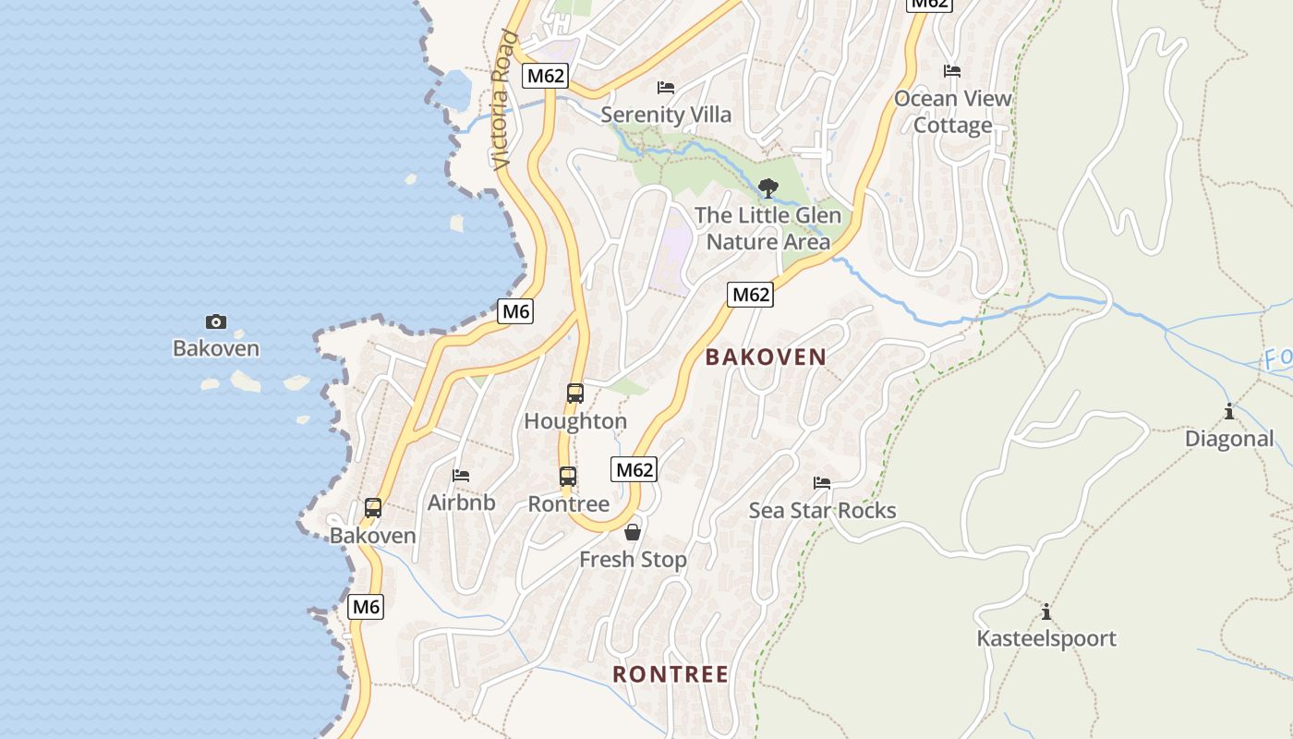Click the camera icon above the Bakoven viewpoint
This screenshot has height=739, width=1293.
(x=215, y=321)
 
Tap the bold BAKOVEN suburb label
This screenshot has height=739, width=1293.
(x=766, y=357)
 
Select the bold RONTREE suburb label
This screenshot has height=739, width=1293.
(x=671, y=674)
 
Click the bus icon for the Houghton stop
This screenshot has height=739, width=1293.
(x=574, y=394)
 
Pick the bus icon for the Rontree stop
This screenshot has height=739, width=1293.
(x=568, y=477)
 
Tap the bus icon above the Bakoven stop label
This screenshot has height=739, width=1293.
(x=373, y=508)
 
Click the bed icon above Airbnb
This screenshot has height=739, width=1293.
(x=461, y=476)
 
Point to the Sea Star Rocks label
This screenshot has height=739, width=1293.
(x=822, y=511)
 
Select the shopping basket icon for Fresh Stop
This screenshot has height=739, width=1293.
(x=633, y=532)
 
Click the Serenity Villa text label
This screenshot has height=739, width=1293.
(x=666, y=115)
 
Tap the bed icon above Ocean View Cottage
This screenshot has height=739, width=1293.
(x=952, y=71)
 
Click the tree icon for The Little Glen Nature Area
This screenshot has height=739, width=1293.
(x=767, y=188)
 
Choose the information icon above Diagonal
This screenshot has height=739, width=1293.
(x=1228, y=411)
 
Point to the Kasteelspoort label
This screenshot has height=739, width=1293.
(x=1046, y=639)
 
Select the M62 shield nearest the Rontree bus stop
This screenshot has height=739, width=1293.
(x=634, y=469)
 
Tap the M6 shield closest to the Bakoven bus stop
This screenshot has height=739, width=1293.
(x=366, y=607)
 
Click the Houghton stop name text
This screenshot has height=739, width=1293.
(x=574, y=422)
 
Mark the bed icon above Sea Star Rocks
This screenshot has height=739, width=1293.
(x=822, y=483)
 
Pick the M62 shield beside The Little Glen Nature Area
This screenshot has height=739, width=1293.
(x=750, y=295)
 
